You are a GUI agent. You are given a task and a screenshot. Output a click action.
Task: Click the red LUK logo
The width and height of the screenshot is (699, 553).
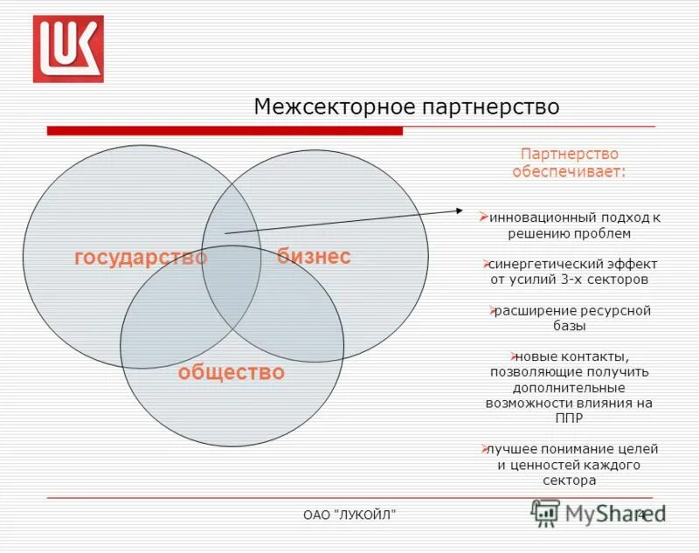click(68, 49)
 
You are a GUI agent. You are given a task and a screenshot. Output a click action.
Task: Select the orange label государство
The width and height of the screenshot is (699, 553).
click(141, 258)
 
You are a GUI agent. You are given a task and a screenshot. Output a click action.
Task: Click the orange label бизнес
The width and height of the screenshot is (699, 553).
click(314, 256)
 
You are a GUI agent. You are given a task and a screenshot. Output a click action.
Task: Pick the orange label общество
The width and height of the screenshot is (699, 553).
click(232, 373)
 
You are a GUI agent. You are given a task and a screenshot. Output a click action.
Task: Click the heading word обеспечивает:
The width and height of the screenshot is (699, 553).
click(569, 172)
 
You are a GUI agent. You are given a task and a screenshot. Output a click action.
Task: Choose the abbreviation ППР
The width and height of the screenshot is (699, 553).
click(569, 418)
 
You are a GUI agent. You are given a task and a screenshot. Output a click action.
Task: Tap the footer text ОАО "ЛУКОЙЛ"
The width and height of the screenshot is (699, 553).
click(349, 515)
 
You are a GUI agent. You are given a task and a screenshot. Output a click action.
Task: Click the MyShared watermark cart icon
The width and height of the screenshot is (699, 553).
click(545, 513)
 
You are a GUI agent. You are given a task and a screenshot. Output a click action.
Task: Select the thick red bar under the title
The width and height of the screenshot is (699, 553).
click(225, 131)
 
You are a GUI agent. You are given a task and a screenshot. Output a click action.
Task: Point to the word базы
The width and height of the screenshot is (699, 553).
click(569, 326)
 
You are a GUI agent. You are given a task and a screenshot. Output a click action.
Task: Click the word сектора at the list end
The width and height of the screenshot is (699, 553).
click(569, 480)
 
